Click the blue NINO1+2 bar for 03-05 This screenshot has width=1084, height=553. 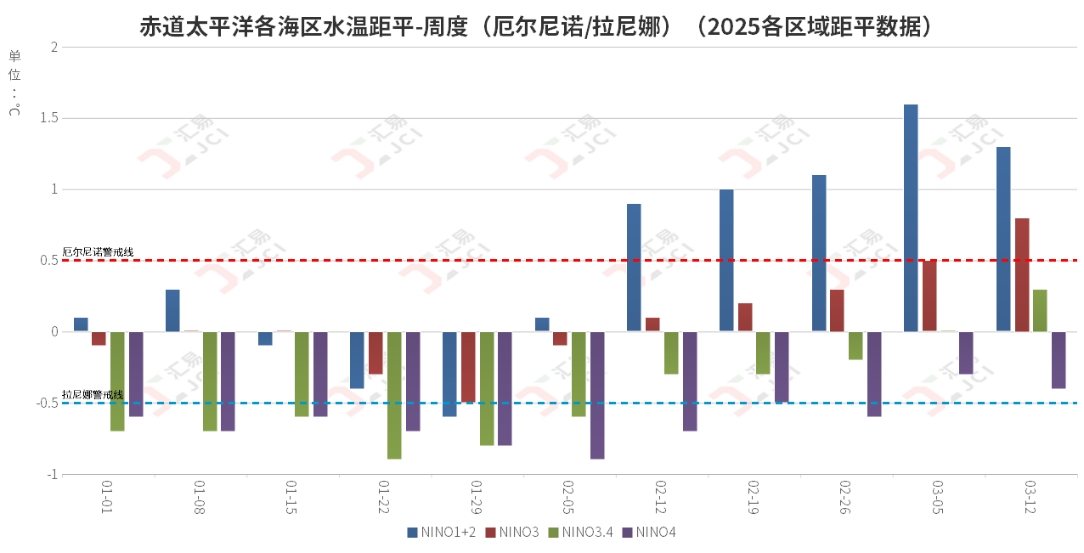click(911, 217)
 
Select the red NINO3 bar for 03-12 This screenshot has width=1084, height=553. click(1022, 274)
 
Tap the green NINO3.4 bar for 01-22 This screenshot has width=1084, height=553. click(394, 395)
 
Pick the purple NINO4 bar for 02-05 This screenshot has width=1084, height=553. click(597, 395)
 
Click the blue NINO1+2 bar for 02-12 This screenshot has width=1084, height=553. click(634, 268)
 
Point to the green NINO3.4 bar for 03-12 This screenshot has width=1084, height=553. click(1040, 310)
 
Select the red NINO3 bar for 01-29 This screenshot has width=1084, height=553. click(468, 367)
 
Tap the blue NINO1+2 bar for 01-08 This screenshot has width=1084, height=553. click(172, 310)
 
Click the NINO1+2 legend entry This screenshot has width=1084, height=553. click(442, 533)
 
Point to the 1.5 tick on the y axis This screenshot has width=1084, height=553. click(48, 118)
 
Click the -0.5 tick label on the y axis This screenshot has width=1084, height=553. click(46, 403)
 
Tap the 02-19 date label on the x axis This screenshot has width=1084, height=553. click(752, 498)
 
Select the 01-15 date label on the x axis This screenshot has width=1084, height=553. click(291, 498)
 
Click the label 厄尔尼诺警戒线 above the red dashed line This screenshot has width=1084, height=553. click(99, 252)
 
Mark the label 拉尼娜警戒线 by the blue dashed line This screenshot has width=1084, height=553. click(93, 395)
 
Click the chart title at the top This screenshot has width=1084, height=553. click(541, 26)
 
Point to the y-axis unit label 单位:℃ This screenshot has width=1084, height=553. click(14, 82)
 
